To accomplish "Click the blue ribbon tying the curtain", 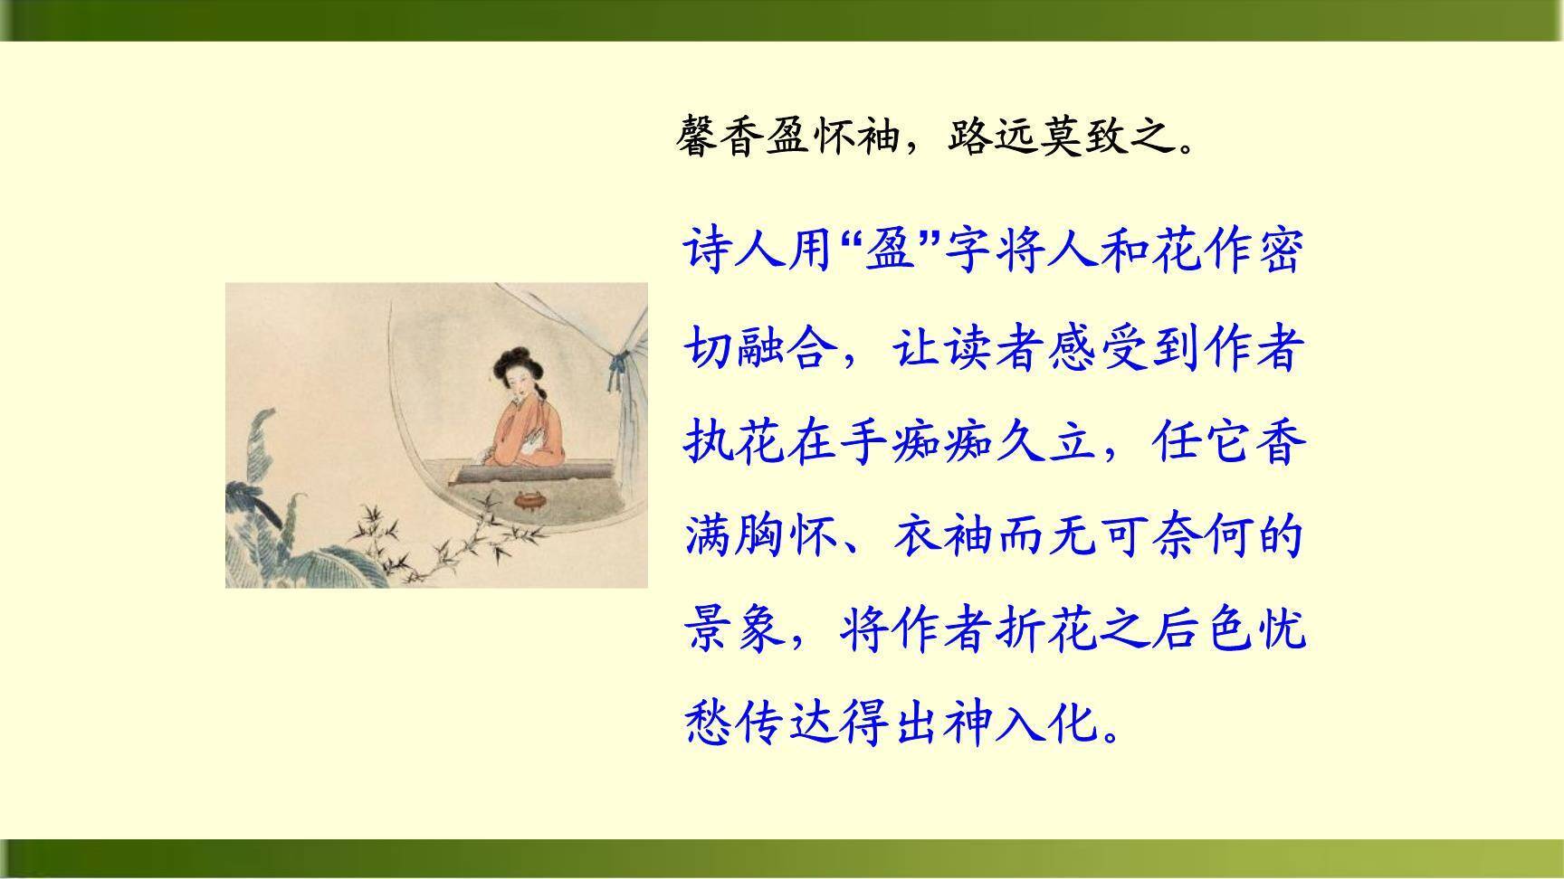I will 619,368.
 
